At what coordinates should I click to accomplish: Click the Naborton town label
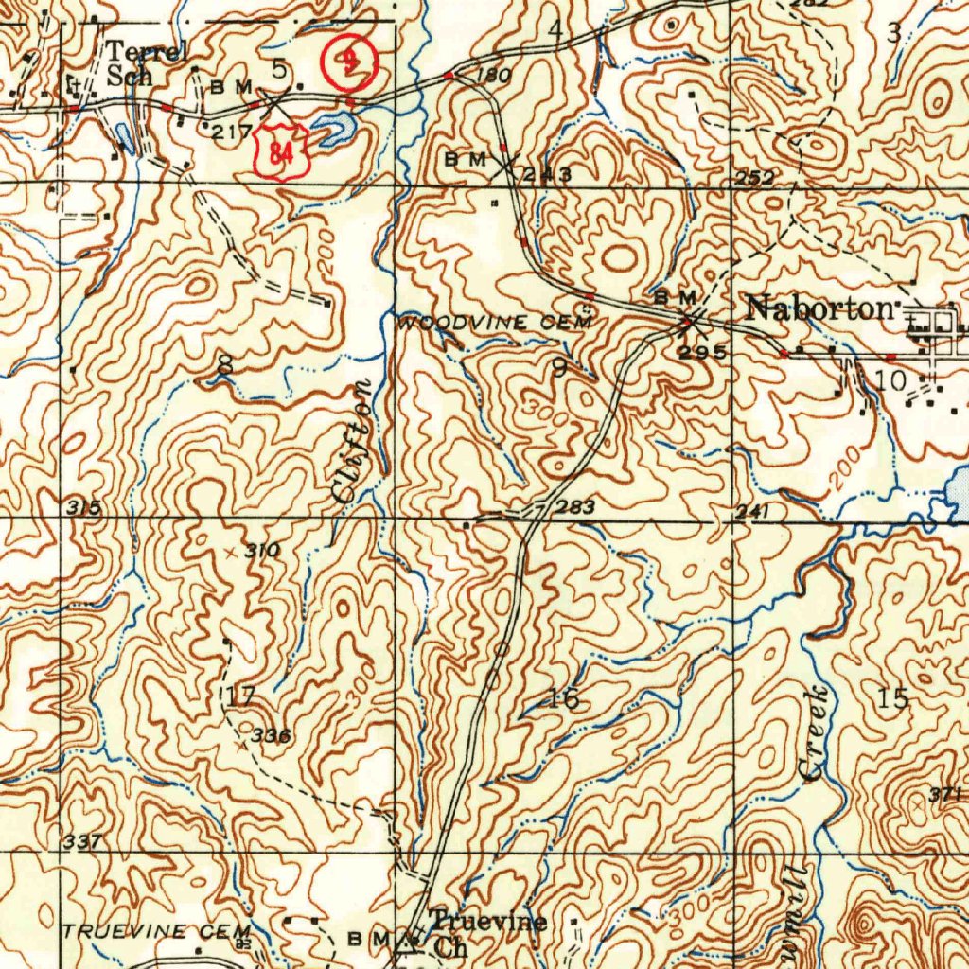coord(819,308)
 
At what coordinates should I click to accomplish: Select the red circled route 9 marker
coord(350,62)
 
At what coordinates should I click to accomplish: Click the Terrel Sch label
coord(141,64)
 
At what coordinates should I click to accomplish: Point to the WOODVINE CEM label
coord(497,324)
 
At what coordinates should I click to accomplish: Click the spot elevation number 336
coord(271,735)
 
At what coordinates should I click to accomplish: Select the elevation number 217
coord(231,132)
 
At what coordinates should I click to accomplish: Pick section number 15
coord(893,698)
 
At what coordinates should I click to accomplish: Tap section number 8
coord(224,362)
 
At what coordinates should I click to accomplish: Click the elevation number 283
coord(575,508)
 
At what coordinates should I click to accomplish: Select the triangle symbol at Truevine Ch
coord(408,941)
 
